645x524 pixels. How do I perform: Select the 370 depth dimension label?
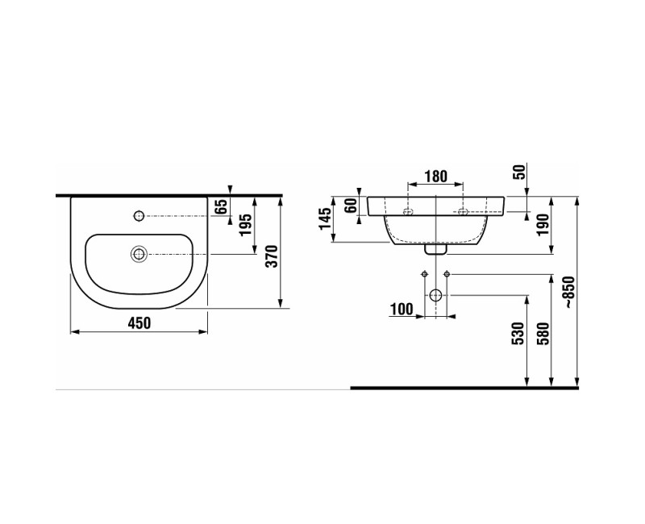tap(272, 256)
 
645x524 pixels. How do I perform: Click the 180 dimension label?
tap(435, 177)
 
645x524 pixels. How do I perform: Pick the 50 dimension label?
tap(518, 172)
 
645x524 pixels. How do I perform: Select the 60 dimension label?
tap(351, 206)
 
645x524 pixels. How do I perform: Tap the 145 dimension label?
tap(325, 218)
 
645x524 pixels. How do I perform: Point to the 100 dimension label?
tap(401, 309)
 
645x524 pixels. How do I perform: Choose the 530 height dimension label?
tap(518, 334)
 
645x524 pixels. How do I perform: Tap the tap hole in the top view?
tap(139, 216)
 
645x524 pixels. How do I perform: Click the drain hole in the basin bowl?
tap(139, 254)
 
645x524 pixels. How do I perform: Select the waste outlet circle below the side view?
tap(435, 295)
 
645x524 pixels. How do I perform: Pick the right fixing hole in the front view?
tap(463, 212)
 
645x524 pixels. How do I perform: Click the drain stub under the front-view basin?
tap(435, 249)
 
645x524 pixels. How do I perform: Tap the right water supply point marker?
tap(447, 275)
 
